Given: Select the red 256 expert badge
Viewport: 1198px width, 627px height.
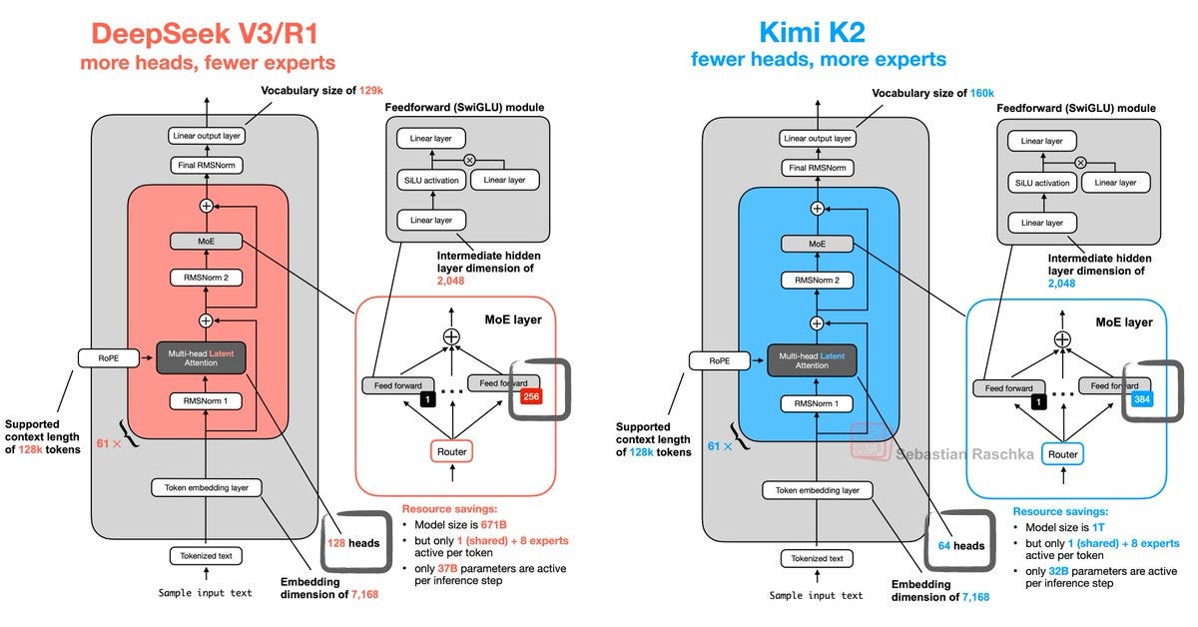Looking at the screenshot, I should pyautogui.click(x=531, y=397).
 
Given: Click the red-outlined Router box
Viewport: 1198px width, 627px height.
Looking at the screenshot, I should pyautogui.click(x=451, y=451).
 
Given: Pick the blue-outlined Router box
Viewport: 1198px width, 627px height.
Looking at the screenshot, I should pyautogui.click(x=1062, y=454).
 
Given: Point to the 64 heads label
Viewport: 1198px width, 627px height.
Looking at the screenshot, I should pyautogui.click(x=960, y=546).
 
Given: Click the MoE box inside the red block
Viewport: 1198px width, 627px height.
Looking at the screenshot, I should pyautogui.click(x=207, y=241).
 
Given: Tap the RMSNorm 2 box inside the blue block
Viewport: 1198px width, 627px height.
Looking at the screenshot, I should pyautogui.click(x=818, y=281).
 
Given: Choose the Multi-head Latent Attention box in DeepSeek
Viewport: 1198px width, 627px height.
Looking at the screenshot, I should pyautogui.click(x=207, y=357).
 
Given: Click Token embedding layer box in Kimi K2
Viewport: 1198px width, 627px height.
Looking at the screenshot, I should pyautogui.click(x=817, y=490).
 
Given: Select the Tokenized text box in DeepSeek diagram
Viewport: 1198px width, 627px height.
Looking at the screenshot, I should pyautogui.click(x=206, y=556).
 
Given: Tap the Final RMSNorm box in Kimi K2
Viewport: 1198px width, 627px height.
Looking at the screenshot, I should pyautogui.click(x=818, y=167).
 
